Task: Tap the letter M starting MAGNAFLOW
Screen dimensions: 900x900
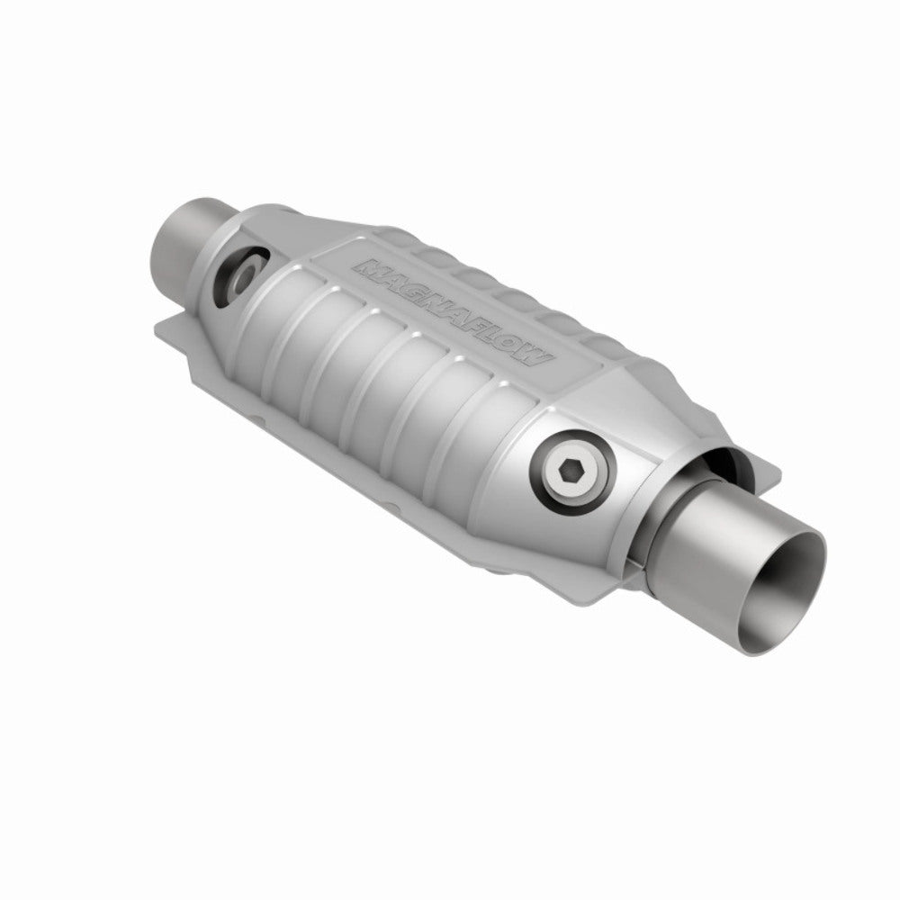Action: (369, 267)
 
